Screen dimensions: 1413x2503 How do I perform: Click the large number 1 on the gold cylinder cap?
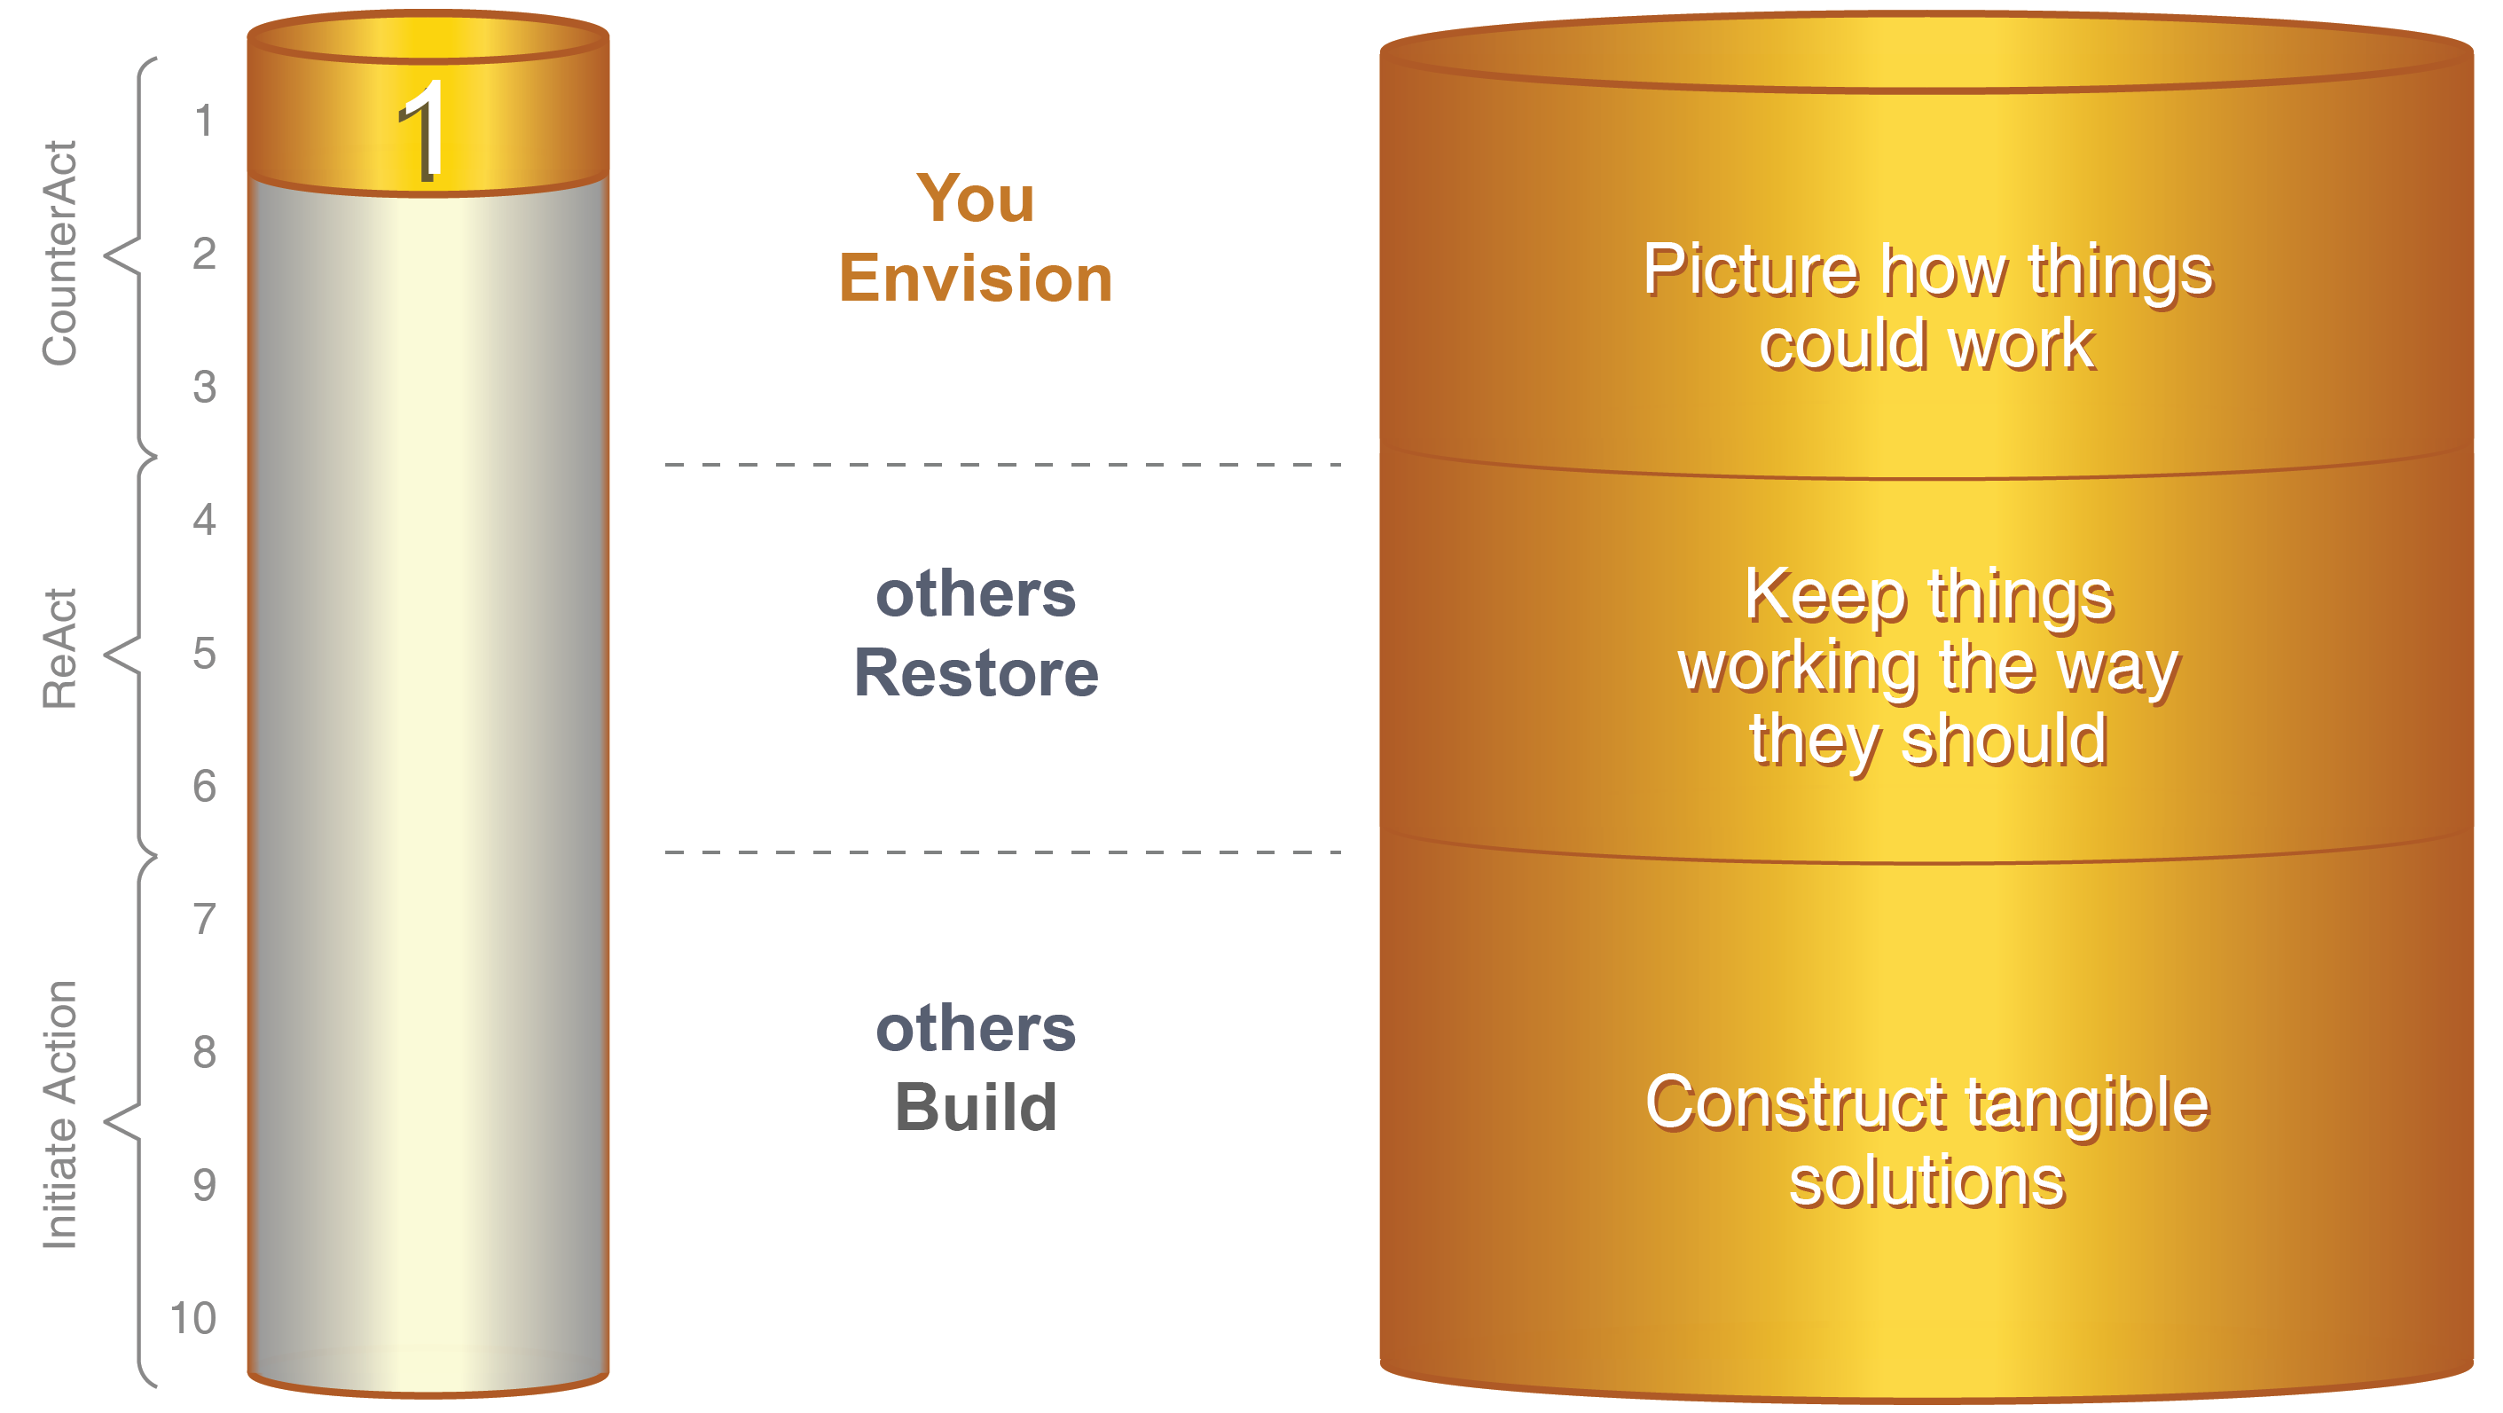[424, 130]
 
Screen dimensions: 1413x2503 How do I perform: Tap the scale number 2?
[204, 254]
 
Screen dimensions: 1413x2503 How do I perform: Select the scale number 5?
[204, 653]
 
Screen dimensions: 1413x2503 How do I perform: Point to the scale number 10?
[192, 1318]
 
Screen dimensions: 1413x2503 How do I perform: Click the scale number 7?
[204, 919]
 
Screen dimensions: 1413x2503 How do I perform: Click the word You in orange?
[975, 199]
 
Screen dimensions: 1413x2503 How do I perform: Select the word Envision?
[975, 278]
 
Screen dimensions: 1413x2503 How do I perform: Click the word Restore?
[976, 672]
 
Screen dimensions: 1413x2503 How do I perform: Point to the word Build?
[976, 1107]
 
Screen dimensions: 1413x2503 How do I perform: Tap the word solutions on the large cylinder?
[1926, 1181]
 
